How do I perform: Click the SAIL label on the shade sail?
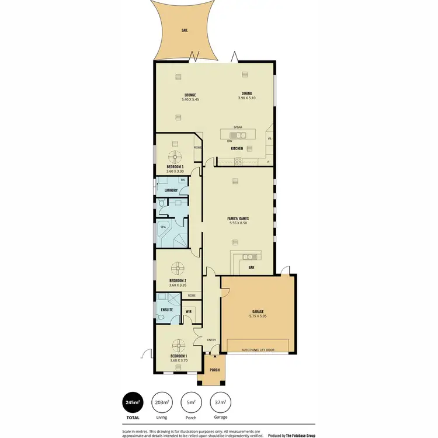click(185, 29)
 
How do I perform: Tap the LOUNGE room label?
click(190, 95)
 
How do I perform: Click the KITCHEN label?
click(237, 149)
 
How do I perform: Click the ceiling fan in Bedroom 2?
click(178, 269)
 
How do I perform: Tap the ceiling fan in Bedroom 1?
click(178, 345)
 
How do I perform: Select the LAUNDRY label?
click(171, 190)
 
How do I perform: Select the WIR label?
click(188, 312)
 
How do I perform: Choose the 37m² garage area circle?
click(220, 402)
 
